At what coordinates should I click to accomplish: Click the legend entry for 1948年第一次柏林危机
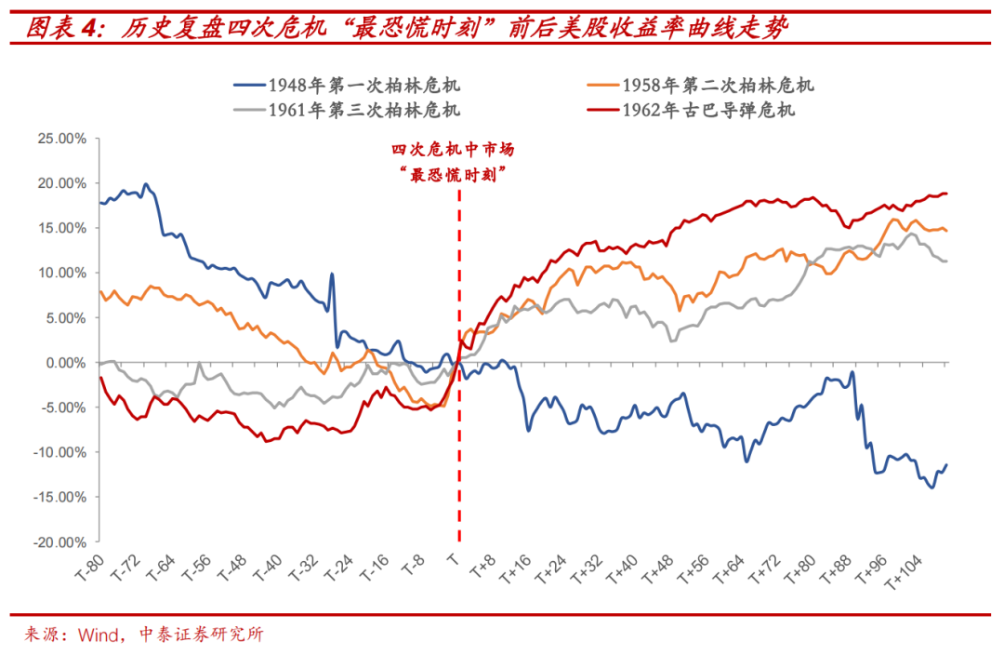click(x=363, y=86)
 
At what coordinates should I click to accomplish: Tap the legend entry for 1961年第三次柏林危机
click(x=363, y=111)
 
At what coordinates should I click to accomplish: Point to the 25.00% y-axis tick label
click(x=60, y=138)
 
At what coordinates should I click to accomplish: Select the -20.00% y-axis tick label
click(x=59, y=541)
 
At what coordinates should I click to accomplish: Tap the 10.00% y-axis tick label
click(x=60, y=273)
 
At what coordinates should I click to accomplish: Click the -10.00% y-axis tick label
click(x=59, y=452)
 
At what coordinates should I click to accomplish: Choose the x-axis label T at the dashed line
click(x=453, y=560)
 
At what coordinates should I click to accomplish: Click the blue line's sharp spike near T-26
click(x=332, y=275)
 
